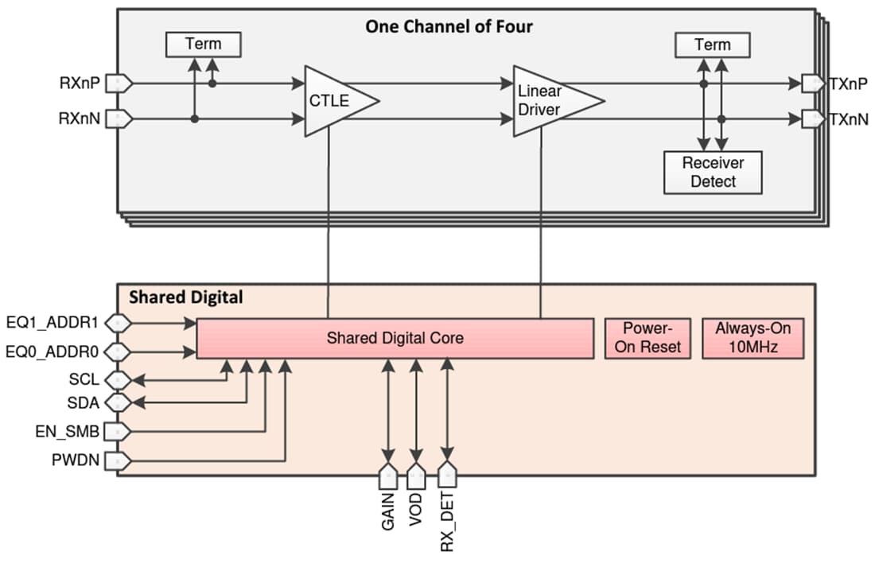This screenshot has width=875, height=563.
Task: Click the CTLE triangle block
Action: pyautogui.click(x=334, y=101)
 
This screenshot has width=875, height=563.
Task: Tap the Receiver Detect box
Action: pyautogui.click(x=713, y=172)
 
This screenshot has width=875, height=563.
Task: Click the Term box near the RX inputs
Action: pyautogui.click(x=203, y=45)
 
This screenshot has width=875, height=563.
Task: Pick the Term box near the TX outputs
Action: pyautogui.click(x=712, y=45)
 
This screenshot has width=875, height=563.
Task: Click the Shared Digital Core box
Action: pyautogui.click(x=395, y=338)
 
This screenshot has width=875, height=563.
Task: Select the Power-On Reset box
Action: pyautogui.click(x=647, y=338)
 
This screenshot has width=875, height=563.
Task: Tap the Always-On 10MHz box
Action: pyautogui.click(x=752, y=338)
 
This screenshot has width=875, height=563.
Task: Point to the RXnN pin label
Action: pyautogui.click(x=80, y=119)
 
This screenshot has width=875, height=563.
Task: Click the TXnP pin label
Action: pyautogui.click(x=848, y=83)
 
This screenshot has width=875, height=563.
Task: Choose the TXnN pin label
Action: pyautogui.click(x=848, y=119)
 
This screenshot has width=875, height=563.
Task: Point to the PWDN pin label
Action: pyautogui.click(x=78, y=460)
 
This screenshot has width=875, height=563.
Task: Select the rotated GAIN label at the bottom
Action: pyautogui.click(x=388, y=512)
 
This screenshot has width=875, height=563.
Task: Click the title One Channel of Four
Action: pyautogui.click(x=449, y=26)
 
